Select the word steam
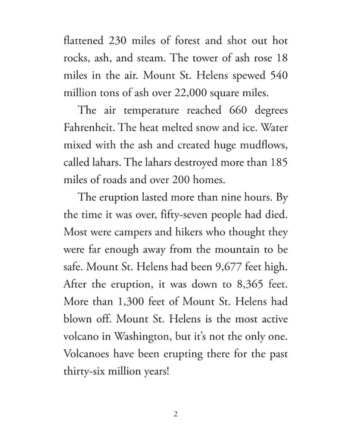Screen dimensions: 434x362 point(148,58)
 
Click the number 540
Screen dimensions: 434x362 point(278,76)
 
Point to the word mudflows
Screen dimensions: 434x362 point(261,145)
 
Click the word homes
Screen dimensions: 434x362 point(204,180)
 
